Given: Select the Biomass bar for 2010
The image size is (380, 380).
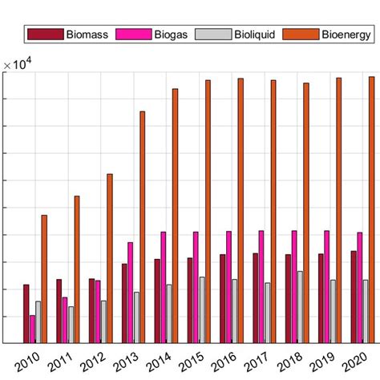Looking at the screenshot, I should pyautogui.click(x=26, y=313).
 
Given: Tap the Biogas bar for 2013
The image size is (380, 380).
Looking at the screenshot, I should pyautogui.click(x=130, y=293).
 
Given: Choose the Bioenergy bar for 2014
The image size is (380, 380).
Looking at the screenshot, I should pyautogui.click(x=175, y=216).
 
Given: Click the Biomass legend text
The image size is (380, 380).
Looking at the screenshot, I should pyautogui.click(x=88, y=34).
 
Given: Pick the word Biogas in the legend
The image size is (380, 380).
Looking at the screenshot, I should pyautogui.click(x=169, y=34).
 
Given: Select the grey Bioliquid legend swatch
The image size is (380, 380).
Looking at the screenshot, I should pyautogui.click(x=216, y=34).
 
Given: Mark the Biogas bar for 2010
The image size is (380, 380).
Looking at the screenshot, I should pyautogui.click(x=32, y=329).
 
